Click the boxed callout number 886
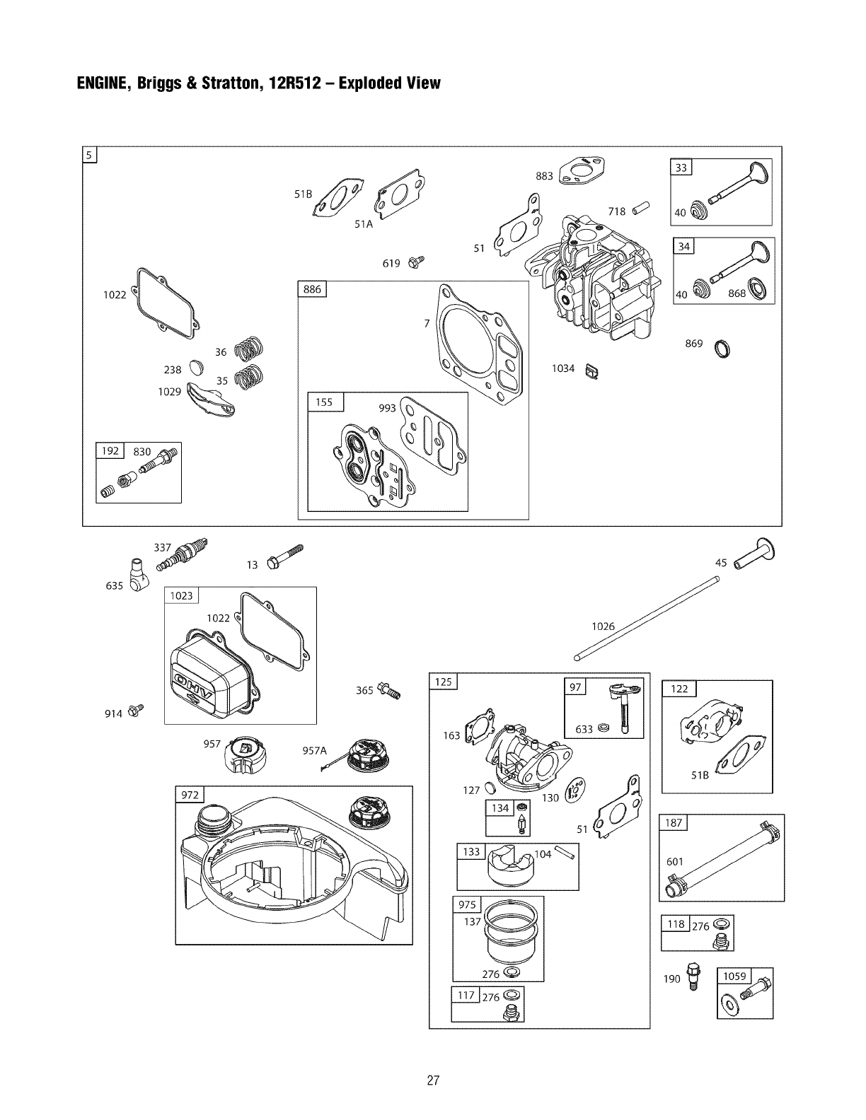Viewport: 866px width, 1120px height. click(312, 289)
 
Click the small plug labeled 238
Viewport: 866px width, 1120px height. click(196, 367)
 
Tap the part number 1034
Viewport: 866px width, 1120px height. click(563, 368)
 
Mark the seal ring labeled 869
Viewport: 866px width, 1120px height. click(724, 349)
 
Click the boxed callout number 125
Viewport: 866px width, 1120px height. click(444, 682)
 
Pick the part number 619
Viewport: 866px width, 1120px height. click(391, 264)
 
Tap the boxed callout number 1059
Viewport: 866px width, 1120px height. click(735, 976)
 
